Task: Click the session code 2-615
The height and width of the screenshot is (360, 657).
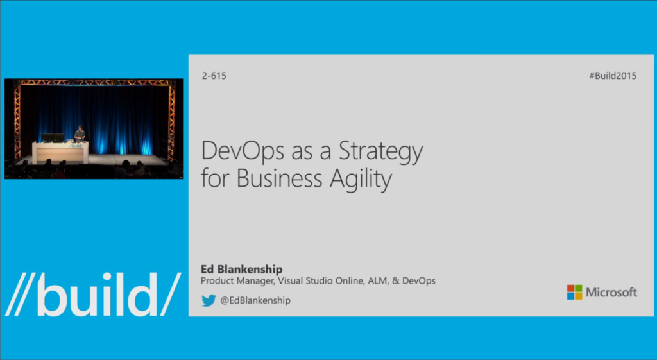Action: [214, 76]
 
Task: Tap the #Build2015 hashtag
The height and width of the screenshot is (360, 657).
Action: [612, 76]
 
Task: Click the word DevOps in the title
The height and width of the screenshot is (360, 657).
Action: [238, 152]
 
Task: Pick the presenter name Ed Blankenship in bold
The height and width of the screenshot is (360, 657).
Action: [242, 269]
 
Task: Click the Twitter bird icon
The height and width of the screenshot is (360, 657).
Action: [209, 300]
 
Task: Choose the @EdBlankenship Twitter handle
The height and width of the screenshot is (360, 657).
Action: [255, 300]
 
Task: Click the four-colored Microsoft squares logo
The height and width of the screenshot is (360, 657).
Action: [574, 293]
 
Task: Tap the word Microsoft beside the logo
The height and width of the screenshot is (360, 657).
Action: [611, 293]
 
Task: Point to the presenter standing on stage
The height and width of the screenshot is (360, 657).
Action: [80, 133]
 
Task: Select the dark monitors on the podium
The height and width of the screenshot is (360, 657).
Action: [53, 138]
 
